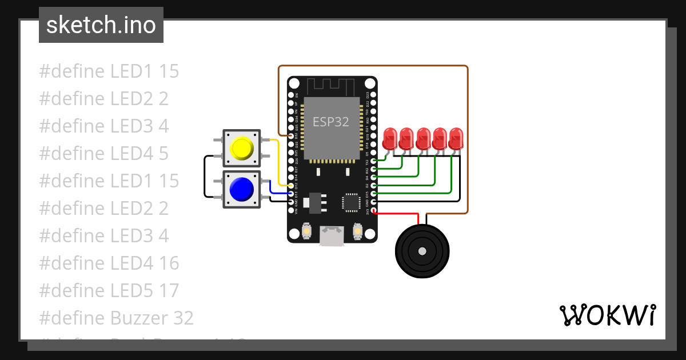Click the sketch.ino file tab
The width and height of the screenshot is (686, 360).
101,25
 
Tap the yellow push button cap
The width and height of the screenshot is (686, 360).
241,148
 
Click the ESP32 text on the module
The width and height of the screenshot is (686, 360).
330,122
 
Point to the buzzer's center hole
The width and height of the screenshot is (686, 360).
422,251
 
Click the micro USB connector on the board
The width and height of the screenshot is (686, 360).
332,236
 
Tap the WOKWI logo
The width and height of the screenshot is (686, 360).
607,315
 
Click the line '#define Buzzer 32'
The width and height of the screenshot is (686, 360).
117,318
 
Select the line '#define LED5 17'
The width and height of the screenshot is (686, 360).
109,290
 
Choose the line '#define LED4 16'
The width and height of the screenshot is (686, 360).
109,263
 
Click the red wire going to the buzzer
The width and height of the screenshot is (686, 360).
400,214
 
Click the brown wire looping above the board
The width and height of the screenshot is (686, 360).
372,66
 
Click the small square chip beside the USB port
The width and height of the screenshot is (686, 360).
350,203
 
